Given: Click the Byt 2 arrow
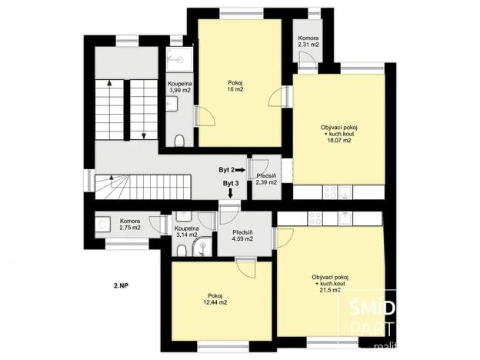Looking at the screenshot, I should pos(241,169).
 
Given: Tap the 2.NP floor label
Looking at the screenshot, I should pos(121,285).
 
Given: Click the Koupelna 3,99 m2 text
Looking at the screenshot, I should pos(180,87).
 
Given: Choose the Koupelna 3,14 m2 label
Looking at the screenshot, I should pos(187,232).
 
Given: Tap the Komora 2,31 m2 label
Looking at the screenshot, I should pos(309,42).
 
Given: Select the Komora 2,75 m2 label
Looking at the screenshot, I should pos(130,225).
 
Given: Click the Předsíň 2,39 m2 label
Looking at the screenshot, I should pos(267,179).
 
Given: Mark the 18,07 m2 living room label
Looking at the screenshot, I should pos(339,134).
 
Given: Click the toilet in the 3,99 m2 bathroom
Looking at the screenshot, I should pos(180,139).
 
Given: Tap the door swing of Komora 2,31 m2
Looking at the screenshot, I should pos(305,65).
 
